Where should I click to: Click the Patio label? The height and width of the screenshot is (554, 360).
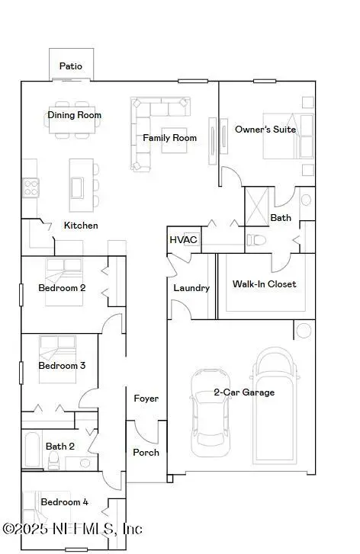click(x=71, y=66)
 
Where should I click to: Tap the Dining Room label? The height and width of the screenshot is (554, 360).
click(x=74, y=115)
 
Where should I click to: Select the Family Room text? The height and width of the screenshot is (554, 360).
click(x=169, y=138)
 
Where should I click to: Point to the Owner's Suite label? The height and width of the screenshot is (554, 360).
click(x=265, y=130)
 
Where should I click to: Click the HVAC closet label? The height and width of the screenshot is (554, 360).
click(x=183, y=240)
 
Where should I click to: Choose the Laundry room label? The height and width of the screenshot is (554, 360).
click(x=191, y=288)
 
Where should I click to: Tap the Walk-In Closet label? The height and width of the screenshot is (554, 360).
click(x=264, y=284)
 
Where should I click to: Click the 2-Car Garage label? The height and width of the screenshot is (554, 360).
click(x=244, y=392)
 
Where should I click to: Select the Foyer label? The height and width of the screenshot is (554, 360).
click(x=146, y=399)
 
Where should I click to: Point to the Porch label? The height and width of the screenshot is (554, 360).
click(x=146, y=452)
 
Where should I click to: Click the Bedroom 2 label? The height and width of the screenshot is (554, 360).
click(x=62, y=288)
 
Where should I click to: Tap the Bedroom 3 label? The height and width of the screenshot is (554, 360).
click(x=62, y=366)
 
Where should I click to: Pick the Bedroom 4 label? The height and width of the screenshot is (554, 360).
click(x=64, y=502)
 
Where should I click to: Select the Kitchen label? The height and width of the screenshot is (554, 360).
click(x=80, y=226)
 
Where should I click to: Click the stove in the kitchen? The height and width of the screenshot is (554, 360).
click(x=31, y=186)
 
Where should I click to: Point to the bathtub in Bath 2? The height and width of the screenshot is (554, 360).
click(x=32, y=451)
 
